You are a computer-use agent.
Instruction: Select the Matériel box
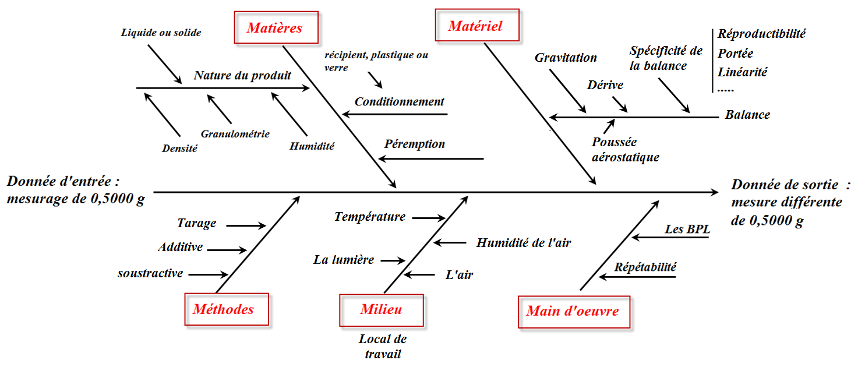(x=476, y=26)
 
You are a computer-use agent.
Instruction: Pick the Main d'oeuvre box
(x=573, y=311)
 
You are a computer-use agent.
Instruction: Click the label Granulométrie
(x=235, y=133)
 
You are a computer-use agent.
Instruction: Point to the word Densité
(x=180, y=149)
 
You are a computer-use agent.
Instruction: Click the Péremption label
(x=414, y=144)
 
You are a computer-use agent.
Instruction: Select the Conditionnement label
(x=399, y=101)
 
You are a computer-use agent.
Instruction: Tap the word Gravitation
(x=566, y=58)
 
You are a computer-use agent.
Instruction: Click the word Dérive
(x=605, y=85)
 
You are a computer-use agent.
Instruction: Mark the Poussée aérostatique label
(x=625, y=150)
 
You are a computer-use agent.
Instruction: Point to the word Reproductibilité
(x=761, y=34)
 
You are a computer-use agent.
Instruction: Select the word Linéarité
(x=742, y=73)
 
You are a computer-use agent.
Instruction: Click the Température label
(x=369, y=217)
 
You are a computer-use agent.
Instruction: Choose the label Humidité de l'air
(x=523, y=243)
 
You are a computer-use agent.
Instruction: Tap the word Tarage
(x=196, y=223)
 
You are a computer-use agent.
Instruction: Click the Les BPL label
(x=687, y=230)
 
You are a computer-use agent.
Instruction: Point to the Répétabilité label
(x=645, y=267)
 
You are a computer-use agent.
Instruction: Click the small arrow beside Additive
(x=227, y=251)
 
